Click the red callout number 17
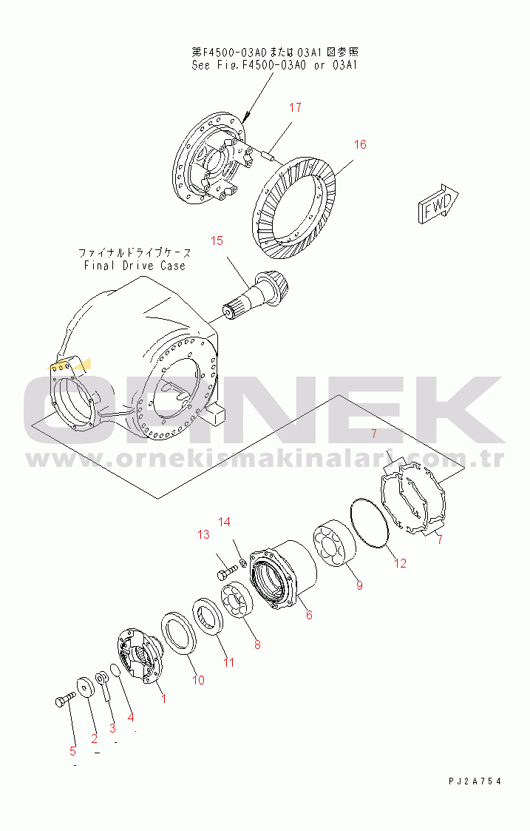click(x=295, y=107)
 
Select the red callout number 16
click(x=360, y=144)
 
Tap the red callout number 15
click(x=217, y=240)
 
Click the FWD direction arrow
click(x=438, y=204)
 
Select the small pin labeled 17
click(x=268, y=156)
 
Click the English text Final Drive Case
click(x=135, y=266)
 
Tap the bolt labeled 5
click(x=65, y=699)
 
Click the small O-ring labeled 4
click(x=115, y=670)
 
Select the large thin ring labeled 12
click(x=370, y=522)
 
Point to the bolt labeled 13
click(x=226, y=572)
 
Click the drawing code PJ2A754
click(x=475, y=781)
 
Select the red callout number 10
click(x=198, y=680)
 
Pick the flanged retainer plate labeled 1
click(x=137, y=656)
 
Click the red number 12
click(x=401, y=563)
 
